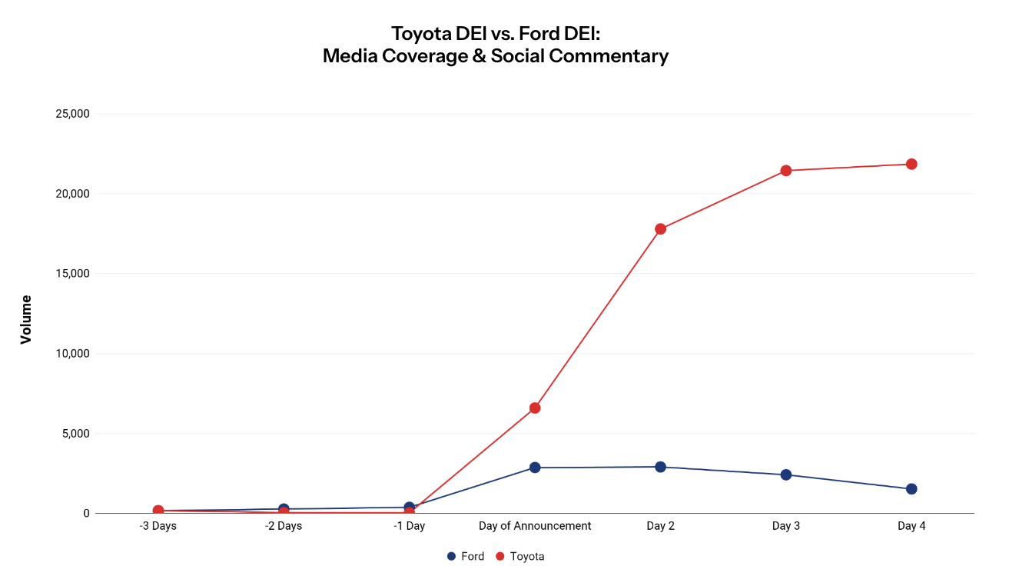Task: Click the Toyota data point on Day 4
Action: point(911,164)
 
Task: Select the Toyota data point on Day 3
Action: point(785,171)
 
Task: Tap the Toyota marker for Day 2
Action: point(660,228)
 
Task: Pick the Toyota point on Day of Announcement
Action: point(535,408)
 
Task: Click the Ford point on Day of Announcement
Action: point(535,468)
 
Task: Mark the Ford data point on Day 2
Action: point(660,467)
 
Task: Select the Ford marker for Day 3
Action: point(785,474)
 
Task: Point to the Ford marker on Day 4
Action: point(911,489)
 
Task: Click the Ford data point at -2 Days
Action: point(284,508)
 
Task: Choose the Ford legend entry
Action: point(466,556)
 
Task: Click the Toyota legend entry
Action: point(519,556)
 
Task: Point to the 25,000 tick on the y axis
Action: point(71,114)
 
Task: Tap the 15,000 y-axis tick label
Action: point(71,274)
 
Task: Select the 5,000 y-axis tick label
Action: point(75,434)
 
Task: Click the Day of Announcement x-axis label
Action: point(535,526)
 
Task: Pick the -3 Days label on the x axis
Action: point(158,526)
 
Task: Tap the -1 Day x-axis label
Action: point(409,526)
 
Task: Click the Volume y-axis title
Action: point(26,319)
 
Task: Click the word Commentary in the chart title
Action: point(607,56)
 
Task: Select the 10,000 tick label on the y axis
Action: point(71,354)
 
